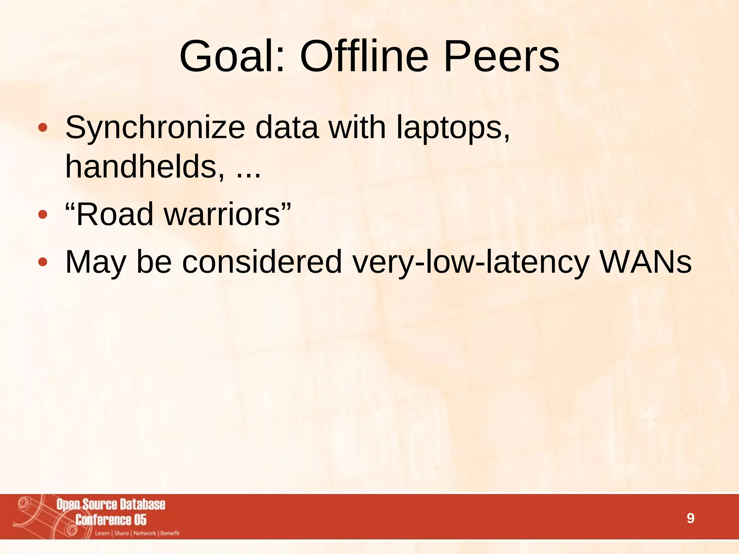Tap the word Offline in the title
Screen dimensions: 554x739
[364, 57]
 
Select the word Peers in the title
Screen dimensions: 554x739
[502, 57]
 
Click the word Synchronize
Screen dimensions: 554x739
[155, 128]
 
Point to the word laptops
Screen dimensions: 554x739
[453, 128]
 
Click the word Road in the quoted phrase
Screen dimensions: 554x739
[115, 214]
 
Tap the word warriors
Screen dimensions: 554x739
[222, 214]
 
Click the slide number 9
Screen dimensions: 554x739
[690, 518]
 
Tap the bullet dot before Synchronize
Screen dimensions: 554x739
[43, 128]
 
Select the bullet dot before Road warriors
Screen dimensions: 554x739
[43, 215]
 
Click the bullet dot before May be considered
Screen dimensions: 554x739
[43, 262]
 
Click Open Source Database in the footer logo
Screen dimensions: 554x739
[111, 504]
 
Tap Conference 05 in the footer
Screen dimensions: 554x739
[111, 520]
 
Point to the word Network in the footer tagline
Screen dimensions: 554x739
[145, 533]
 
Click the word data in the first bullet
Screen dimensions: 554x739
[287, 128]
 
